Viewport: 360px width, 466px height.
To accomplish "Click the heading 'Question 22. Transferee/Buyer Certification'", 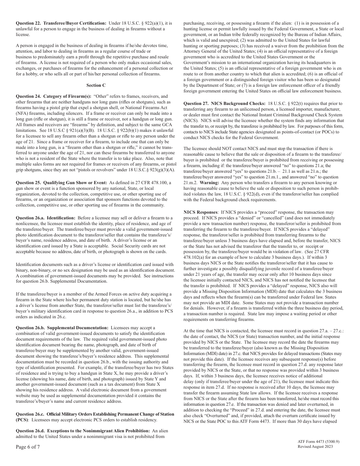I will [x=61, y=23].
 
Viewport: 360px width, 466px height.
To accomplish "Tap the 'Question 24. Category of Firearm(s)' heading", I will [x=53, y=96].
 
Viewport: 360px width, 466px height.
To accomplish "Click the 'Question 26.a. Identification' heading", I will [x=45, y=218].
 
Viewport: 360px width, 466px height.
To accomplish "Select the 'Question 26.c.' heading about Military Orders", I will [x=95, y=414].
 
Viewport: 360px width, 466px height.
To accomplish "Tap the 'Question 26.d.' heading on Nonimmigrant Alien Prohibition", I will [x=82, y=431].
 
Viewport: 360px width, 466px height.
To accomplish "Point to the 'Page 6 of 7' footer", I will [x=28, y=447].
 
